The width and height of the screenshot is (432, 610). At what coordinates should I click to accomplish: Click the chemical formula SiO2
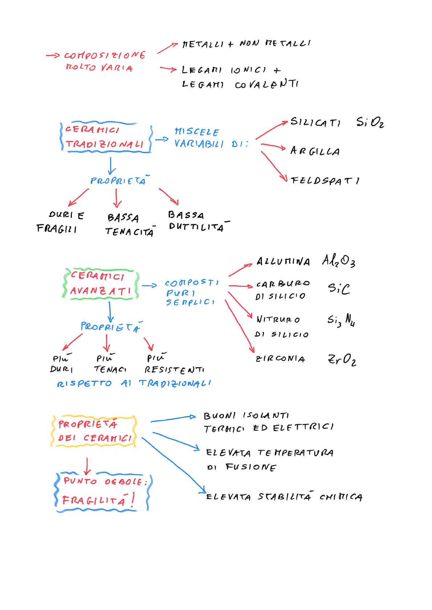(370, 122)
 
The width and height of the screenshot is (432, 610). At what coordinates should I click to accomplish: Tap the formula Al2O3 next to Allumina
(338, 260)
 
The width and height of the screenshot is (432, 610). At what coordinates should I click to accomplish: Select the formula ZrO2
(342, 359)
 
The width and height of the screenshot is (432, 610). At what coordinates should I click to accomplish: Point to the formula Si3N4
(341, 320)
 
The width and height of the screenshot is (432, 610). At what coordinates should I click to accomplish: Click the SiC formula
(339, 288)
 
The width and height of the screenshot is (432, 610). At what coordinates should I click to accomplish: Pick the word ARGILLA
(315, 151)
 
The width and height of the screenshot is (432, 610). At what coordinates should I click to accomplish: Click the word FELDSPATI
(325, 180)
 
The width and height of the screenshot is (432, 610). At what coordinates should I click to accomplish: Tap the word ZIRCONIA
(280, 359)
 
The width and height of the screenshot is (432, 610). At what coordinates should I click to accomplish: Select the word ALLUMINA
(283, 262)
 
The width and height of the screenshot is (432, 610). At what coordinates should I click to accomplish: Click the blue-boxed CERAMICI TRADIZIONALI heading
(105, 137)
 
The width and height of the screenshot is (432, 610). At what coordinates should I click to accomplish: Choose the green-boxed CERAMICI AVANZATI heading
(101, 284)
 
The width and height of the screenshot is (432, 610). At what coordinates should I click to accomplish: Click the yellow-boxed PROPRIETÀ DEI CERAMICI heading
(94, 431)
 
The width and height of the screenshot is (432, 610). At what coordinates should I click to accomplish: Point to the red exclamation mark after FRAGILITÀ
(133, 500)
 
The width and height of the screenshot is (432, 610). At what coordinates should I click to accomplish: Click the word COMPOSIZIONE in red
(105, 55)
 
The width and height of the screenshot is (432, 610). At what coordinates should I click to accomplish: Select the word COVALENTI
(267, 84)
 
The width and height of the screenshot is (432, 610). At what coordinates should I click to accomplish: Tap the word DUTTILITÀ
(196, 227)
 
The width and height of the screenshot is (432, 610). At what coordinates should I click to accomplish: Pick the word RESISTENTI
(174, 370)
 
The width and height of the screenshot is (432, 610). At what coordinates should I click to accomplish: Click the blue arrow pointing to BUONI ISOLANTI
(173, 419)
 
